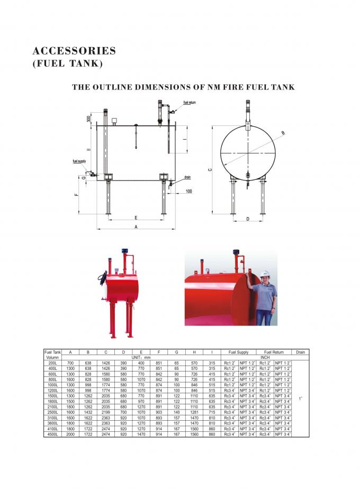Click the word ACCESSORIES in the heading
click(74, 51)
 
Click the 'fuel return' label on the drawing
click(190, 102)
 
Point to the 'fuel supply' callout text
click(79, 161)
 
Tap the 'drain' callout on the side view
click(187, 178)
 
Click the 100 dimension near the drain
click(189, 191)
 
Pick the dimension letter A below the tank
click(136, 226)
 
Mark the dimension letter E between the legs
click(136, 218)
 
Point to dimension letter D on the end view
click(248, 218)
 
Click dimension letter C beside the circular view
click(210, 169)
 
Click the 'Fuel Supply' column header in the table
click(238, 352)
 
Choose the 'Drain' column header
click(300, 352)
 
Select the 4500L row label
click(52, 434)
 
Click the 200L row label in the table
click(52, 363)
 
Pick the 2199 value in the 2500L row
click(106, 412)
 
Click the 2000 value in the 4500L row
click(70, 434)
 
